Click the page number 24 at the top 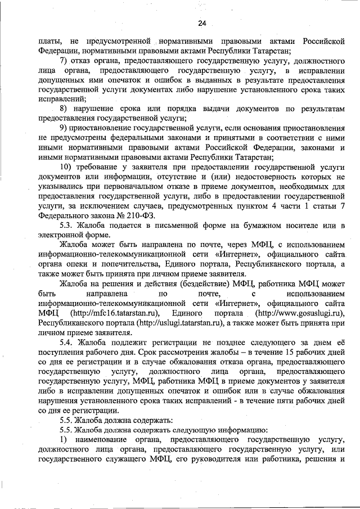202,22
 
